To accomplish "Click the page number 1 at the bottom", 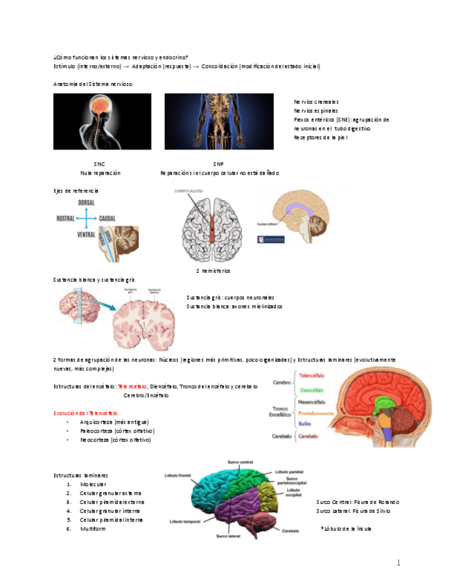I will pyautogui.click(x=399, y=563).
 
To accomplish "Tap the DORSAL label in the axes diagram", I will pyautogui.click(x=87, y=202).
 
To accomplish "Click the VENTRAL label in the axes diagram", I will pyautogui.click(x=87, y=235).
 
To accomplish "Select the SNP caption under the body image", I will pyautogui.click(x=218, y=164).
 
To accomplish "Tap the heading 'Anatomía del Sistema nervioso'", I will pyautogui.click(x=92, y=84).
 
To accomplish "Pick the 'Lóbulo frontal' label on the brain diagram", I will pyautogui.click(x=177, y=476).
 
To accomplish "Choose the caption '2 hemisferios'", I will pyautogui.click(x=213, y=270).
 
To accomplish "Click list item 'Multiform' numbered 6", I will pyautogui.click(x=92, y=528).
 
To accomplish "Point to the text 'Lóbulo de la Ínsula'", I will pyautogui.click(x=347, y=528).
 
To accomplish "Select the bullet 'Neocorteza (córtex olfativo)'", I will pyautogui.click(x=115, y=440).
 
